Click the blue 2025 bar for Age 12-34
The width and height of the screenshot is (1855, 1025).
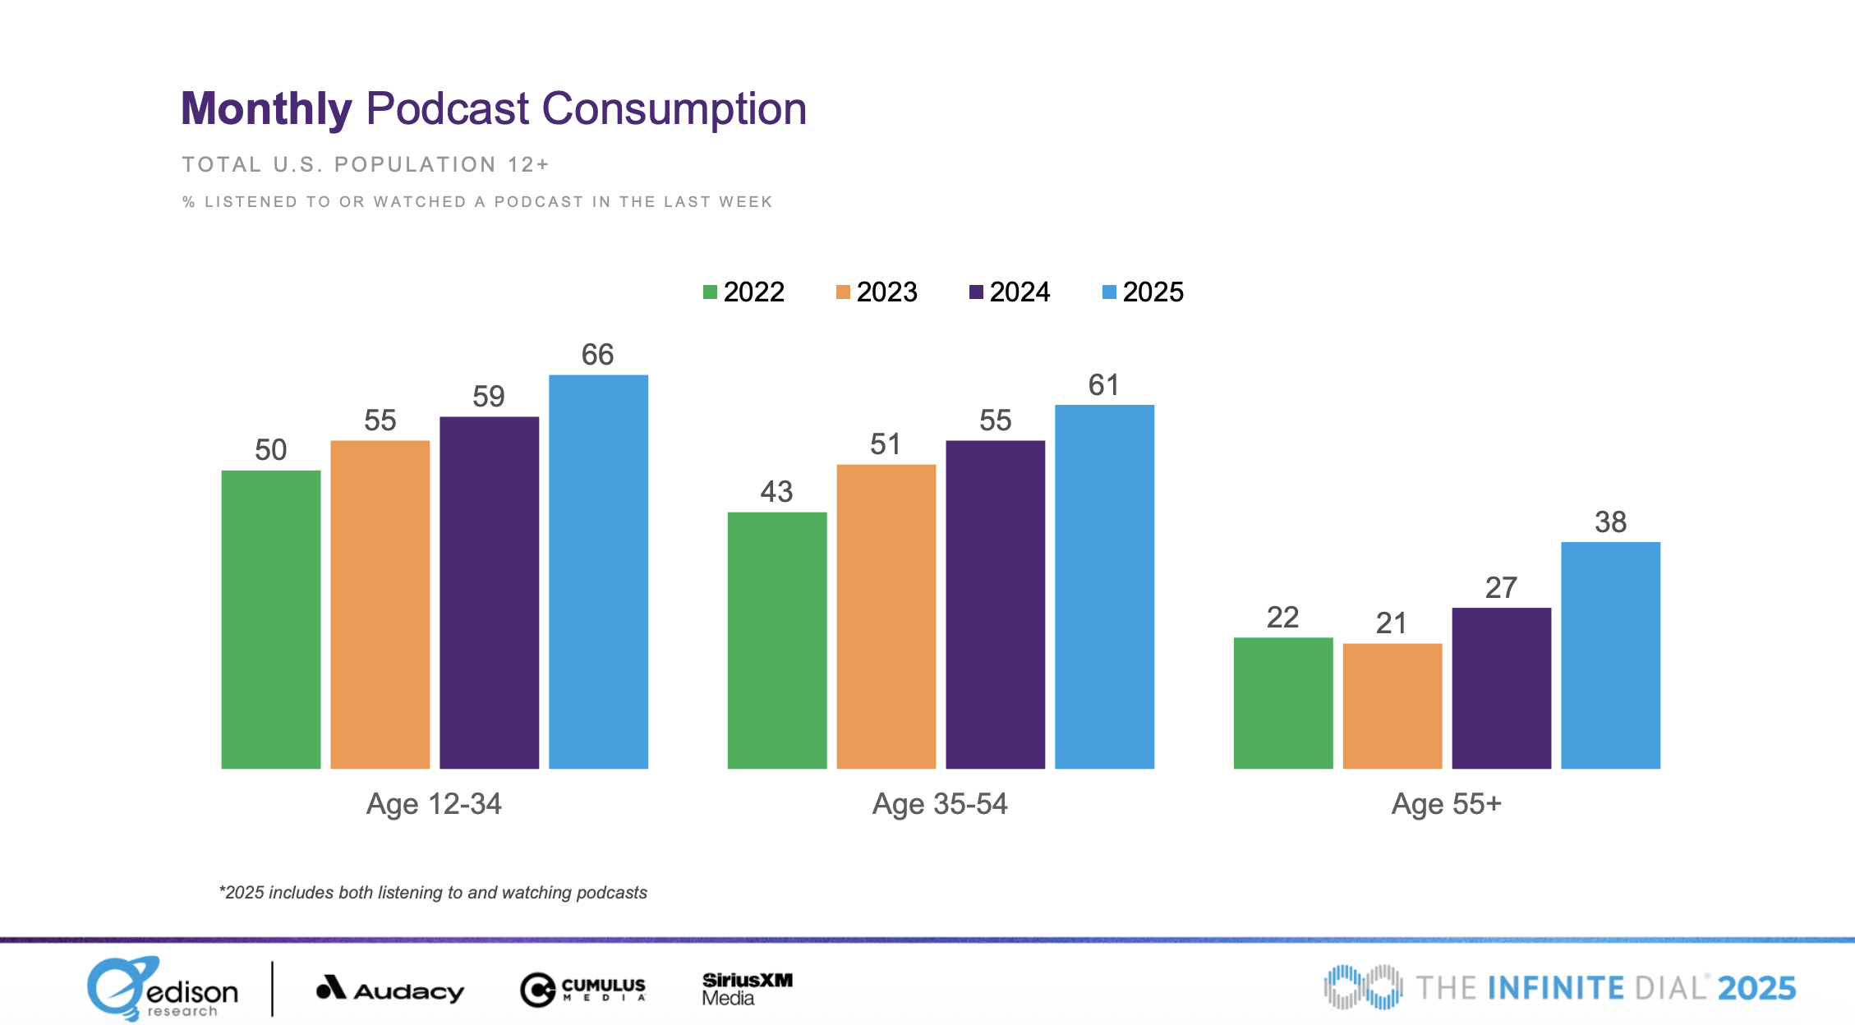point(598,572)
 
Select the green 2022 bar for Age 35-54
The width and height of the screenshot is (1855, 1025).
point(776,641)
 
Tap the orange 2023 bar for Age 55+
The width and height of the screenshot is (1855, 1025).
point(1392,706)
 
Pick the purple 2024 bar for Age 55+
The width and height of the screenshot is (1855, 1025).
point(1501,688)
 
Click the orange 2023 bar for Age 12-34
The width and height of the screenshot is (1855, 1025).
point(380,604)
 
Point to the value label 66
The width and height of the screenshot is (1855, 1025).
point(597,355)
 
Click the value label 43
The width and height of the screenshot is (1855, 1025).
point(776,492)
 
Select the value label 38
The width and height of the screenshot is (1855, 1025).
point(1610,522)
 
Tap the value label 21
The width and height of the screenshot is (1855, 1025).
point(1392,623)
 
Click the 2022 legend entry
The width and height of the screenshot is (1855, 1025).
point(743,292)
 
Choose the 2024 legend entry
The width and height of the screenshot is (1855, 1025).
point(1010,292)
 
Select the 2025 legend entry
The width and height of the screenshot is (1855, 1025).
point(1143,292)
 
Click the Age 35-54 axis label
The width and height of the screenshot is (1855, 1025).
point(940,804)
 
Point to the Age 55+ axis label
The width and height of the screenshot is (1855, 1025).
point(1446,804)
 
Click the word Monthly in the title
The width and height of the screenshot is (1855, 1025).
point(266,109)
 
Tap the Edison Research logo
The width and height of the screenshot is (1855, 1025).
point(163,989)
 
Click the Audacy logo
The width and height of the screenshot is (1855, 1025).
point(390,990)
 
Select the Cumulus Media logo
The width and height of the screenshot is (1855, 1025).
point(583,990)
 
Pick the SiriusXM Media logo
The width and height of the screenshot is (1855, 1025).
point(746,989)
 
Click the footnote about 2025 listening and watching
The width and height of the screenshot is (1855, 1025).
point(433,893)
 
